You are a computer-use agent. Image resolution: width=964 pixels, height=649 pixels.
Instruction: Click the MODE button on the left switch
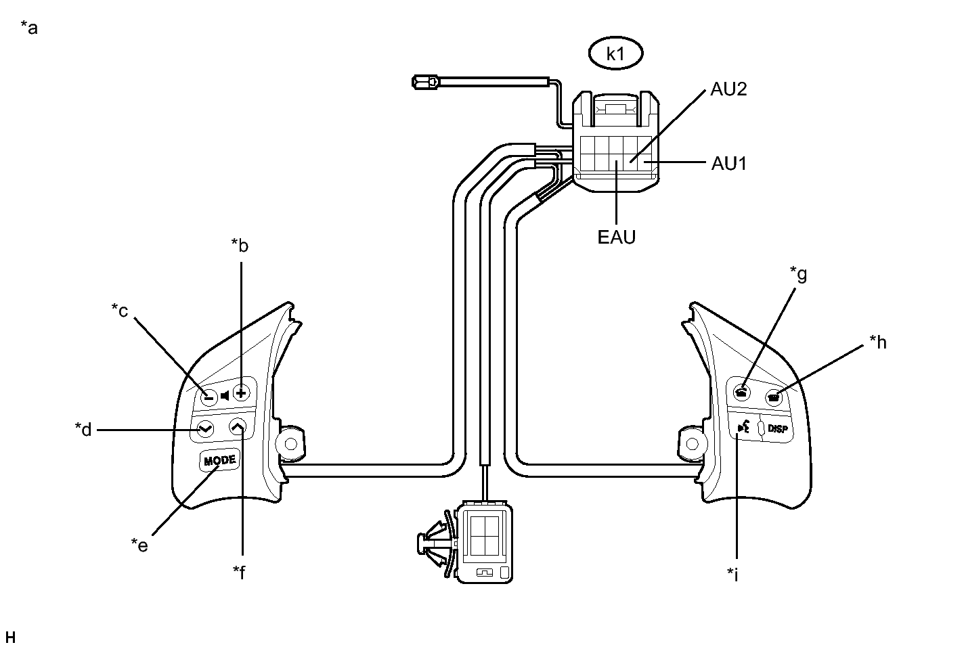220,460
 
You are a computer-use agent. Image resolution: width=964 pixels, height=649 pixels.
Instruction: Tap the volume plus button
242,392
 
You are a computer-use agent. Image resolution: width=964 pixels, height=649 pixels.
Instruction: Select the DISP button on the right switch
778,428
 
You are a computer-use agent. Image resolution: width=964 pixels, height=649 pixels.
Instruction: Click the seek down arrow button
204,428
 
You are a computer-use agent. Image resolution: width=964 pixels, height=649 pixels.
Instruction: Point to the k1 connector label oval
615,54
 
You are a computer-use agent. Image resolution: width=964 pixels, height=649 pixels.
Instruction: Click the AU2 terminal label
728,89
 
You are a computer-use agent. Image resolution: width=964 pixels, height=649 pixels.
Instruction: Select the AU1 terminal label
729,163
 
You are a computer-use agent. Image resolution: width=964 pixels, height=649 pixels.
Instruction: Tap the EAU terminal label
616,238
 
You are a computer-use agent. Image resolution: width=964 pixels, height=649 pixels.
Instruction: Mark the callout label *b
240,245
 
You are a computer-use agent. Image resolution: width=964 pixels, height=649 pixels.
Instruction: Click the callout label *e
139,545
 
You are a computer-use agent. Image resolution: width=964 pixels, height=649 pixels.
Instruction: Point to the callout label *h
877,342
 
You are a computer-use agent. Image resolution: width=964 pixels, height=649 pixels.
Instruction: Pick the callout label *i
732,575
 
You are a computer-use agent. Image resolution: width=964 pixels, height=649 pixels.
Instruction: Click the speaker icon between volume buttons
225,395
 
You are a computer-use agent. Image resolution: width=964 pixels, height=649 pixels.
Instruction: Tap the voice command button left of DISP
744,427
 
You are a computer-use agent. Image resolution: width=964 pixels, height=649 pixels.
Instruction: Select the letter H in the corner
10,637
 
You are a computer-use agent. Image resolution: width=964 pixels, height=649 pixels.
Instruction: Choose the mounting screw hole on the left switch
291,444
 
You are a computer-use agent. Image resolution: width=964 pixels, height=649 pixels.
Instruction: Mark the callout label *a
29,28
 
